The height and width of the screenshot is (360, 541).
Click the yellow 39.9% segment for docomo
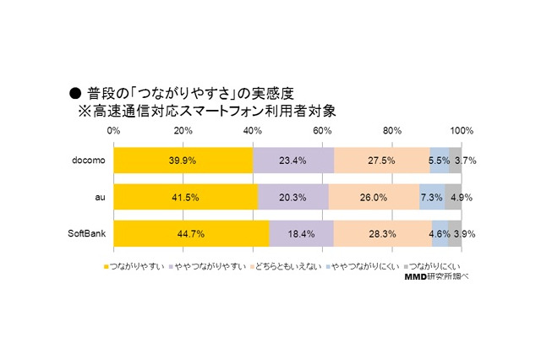point(183,160)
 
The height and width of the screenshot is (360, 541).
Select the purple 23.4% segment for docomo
point(293,160)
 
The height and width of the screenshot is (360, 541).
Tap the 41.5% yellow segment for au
point(185,197)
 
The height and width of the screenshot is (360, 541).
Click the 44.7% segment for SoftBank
point(191,233)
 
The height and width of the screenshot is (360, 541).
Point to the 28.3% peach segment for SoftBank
point(383,233)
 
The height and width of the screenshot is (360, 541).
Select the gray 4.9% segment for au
point(453,197)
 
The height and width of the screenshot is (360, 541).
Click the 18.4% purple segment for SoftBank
point(301,233)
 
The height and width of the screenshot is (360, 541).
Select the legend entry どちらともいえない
point(283,266)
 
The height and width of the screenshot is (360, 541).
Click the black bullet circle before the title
point(74,92)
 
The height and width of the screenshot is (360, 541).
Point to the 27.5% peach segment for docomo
point(382,160)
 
